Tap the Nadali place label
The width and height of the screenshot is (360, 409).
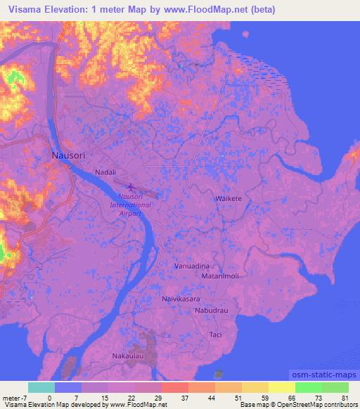click(105, 171)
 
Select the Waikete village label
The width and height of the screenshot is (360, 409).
click(228, 199)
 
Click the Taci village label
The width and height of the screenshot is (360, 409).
click(215, 335)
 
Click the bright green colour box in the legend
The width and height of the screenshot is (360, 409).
click(308, 387)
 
